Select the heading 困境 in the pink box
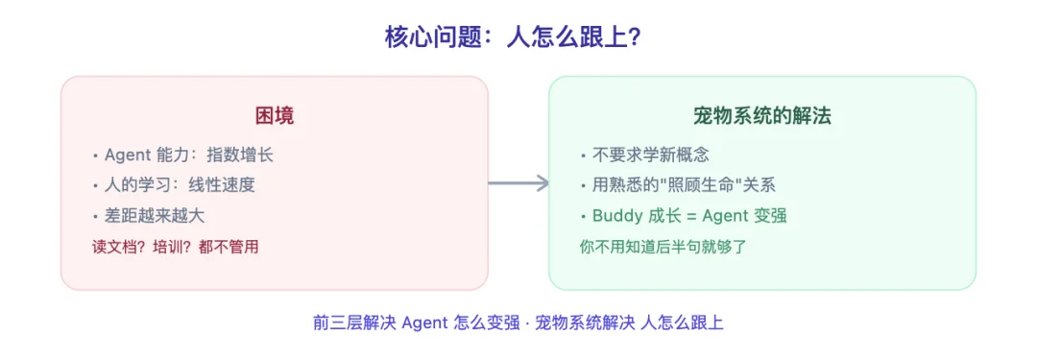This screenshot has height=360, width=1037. [274, 116]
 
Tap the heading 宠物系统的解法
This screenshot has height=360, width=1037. [761, 116]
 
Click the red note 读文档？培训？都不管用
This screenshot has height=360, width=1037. [175, 246]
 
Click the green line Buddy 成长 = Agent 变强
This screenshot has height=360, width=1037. [689, 215]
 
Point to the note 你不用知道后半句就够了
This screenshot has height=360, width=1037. [663, 246]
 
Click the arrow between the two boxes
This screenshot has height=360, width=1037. [518, 183]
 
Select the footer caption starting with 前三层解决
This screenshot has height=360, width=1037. [518, 323]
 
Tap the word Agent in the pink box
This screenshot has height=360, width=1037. [127, 155]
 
